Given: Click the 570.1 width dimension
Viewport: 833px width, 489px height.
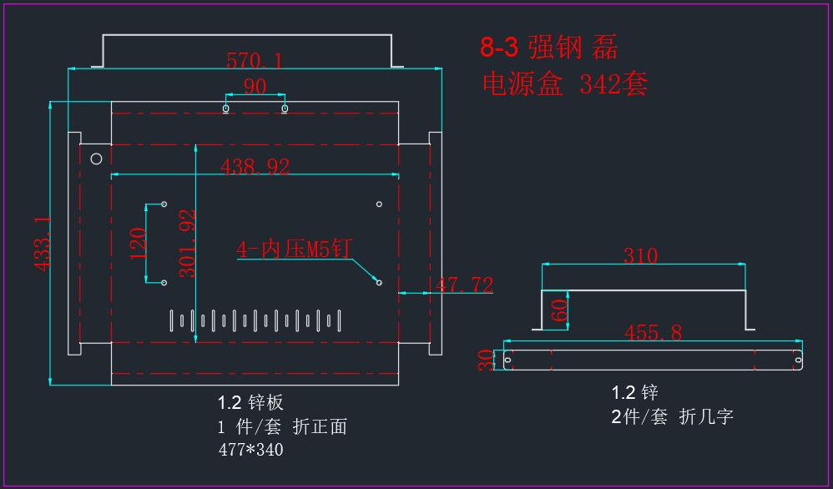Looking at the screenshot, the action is tap(255, 61).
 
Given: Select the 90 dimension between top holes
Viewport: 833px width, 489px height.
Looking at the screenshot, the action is tap(255, 86).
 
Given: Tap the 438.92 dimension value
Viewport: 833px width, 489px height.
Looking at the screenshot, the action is tap(255, 167).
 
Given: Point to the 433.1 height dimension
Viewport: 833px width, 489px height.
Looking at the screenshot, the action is tap(42, 243).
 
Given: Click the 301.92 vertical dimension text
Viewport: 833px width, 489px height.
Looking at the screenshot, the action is tap(188, 243).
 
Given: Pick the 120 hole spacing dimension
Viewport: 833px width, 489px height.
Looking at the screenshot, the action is tap(138, 243).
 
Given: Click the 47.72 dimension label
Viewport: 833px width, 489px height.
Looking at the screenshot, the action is tap(464, 285).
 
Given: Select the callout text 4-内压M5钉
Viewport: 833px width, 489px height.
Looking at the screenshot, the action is tap(295, 249).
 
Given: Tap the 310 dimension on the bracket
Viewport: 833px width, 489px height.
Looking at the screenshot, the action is tap(641, 256).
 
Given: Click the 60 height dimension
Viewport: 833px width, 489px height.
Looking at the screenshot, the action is tap(559, 310).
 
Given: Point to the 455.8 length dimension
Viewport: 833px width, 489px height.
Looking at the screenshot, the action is tap(653, 333).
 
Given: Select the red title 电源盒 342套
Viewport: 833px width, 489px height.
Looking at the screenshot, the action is tap(565, 84).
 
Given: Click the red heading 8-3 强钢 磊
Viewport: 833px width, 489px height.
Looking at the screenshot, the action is tap(549, 48).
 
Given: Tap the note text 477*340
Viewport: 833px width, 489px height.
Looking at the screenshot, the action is tap(250, 450).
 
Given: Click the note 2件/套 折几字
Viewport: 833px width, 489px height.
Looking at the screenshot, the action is tap(673, 416).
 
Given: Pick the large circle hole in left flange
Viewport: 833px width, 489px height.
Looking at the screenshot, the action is tap(96, 159).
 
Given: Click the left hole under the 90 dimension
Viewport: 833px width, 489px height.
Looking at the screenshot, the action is tap(226, 108).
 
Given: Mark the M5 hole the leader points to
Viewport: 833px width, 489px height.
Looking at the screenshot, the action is tap(379, 282).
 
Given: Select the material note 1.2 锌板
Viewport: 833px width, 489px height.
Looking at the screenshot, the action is tap(250, 403).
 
